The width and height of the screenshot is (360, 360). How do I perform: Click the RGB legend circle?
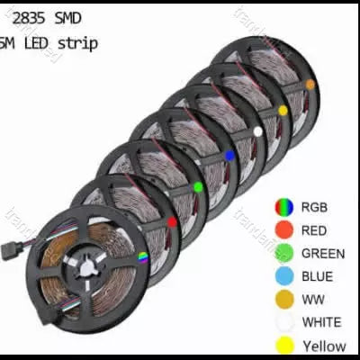(284, 206)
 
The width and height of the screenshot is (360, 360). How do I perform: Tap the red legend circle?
(284, 230)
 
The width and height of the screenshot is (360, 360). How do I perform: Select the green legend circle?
(284, 254)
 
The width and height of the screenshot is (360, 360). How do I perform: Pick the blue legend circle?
(284, 276)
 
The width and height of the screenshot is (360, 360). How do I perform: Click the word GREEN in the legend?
(323, 254)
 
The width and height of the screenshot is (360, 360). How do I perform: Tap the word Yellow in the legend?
(324, 346)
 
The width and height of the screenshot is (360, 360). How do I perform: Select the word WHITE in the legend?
(321, 322)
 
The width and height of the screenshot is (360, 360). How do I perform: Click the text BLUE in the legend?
(317, 276)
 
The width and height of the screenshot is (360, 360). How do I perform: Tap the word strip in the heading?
(79, 42)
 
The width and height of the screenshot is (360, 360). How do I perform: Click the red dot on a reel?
(172, 221)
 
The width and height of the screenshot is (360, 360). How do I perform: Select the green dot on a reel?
(198, 187)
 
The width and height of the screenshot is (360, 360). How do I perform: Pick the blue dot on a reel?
(229, 156)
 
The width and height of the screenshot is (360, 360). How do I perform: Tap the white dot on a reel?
(258, 131)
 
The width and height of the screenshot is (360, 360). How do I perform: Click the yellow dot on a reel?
(283, 110)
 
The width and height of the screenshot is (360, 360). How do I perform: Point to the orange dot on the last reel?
(310, 84)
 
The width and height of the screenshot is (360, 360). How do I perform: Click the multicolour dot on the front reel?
(142, 257)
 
